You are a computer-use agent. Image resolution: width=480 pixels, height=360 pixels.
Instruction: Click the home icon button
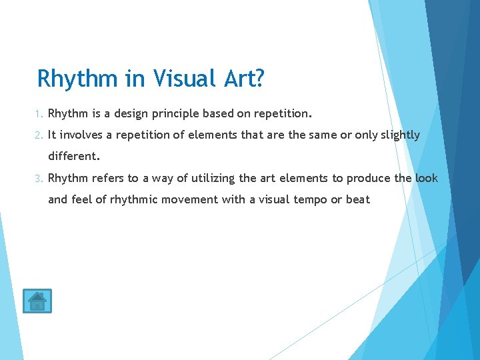coord(37,301)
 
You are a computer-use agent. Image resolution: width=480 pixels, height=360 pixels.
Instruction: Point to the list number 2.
coord(40,135)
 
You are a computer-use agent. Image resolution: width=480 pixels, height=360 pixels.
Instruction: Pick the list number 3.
coord(40,178)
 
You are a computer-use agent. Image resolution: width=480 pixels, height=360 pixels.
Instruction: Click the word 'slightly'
coord(400,135)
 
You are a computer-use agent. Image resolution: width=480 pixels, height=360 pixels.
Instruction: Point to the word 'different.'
coord(73,157)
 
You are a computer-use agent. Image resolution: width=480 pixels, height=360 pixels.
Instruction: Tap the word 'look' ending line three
coord(426,178)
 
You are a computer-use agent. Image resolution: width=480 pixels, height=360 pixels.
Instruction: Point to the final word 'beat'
coord(358,199)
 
